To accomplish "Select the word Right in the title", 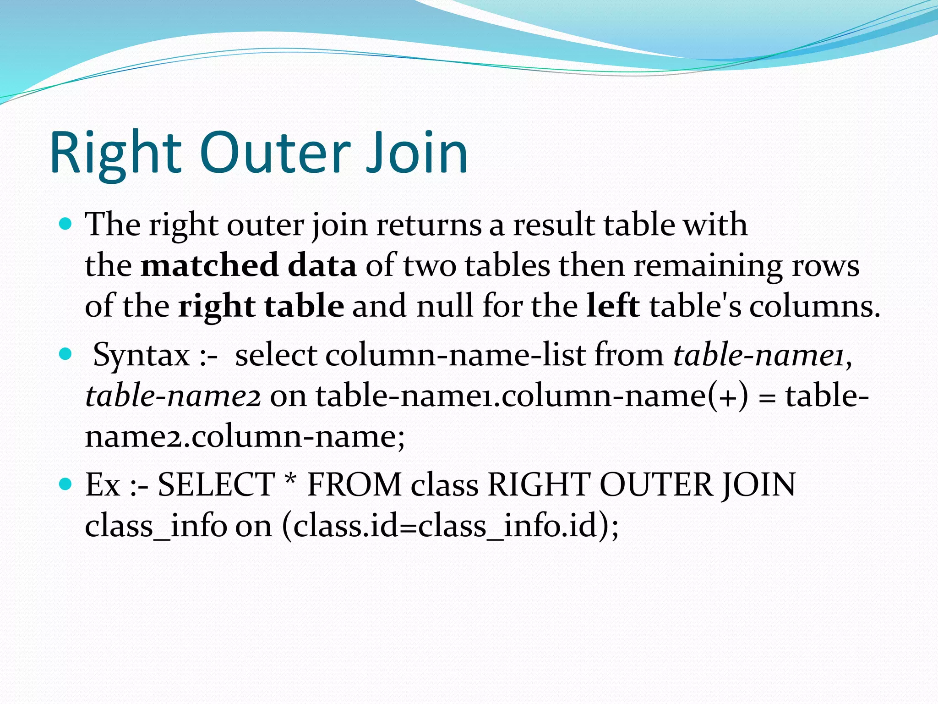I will (x=116, y=154).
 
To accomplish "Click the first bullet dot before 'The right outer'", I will (x=66, y=224).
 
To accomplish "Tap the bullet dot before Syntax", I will (x=66, y=354).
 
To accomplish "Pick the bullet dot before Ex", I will (x=66, y=484).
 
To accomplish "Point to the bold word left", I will (x=613, y=306).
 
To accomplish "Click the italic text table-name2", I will (x=173, y=396).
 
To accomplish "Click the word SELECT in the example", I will (x=216, y=485).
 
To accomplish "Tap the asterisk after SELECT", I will (x=290, y=481).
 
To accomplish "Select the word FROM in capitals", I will (x=354, y=485).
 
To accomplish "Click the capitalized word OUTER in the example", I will (x=656, y=485).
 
